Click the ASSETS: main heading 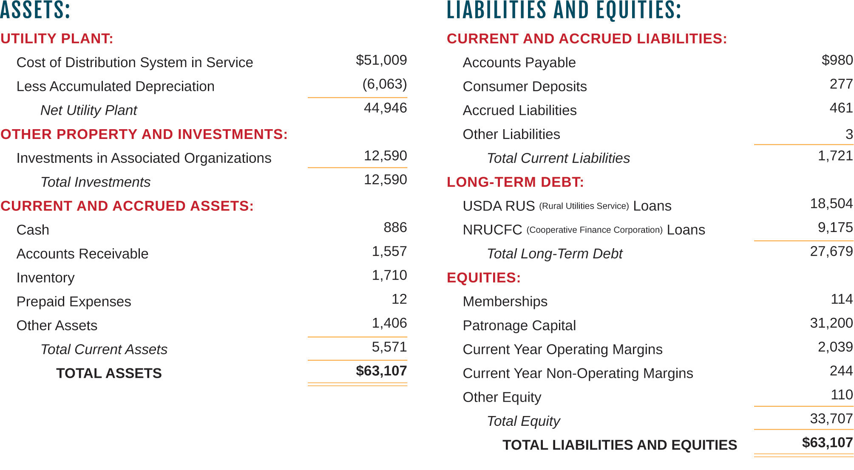(35, 10)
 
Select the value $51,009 (381, 60)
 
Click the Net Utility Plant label (88, 110)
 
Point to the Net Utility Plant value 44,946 (385, 108)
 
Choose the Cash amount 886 (395, 228)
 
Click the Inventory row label (45, 278)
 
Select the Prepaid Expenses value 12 (399, 299)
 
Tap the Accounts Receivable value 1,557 (389, 252)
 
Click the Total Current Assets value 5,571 (389, 347)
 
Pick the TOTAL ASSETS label (109, 374)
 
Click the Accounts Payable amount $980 (837, 60)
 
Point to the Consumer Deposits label (525, 87)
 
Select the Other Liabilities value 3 (849, 134)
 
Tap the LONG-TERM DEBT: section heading (515, 182)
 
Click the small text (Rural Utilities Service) (584, 206)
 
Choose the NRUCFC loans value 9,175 (835, 228)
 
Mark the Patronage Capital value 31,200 (831, 323)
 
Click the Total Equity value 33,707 (831, 419)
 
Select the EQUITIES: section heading (484, 278)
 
